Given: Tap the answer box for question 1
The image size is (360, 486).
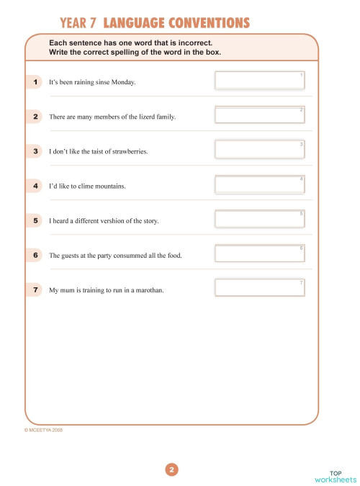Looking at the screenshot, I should (x=260, y=81).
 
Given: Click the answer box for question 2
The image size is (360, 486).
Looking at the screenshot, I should (x=260, y=115).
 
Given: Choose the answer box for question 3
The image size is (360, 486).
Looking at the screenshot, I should (x=260, y=150).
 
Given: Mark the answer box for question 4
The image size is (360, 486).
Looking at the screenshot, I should (x=260, y=184).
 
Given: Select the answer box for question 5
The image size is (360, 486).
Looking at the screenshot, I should (x=260, y=219).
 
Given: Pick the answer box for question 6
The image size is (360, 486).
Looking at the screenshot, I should (x=260, y=253).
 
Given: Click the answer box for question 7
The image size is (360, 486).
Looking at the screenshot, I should (x=260, y=288).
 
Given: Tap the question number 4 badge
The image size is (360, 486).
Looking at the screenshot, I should (x=35, y=186).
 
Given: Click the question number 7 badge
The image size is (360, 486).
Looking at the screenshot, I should (x=35, y=289).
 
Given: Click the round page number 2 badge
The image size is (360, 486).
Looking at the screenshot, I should (x=171, y=470).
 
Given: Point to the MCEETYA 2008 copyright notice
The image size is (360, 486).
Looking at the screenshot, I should (x=43, y=430).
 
